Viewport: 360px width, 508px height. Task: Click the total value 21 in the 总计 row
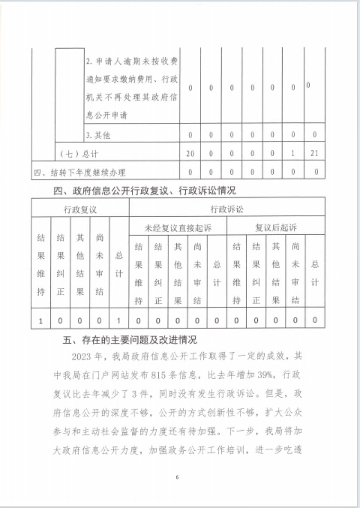(x=315, y=153)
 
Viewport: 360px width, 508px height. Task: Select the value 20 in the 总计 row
(x=190, y=153)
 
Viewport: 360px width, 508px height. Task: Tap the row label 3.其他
(x=98, y=135)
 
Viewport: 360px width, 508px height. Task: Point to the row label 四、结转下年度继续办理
(x=81, y=172)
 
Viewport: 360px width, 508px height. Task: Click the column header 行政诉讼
(x=226, y=209)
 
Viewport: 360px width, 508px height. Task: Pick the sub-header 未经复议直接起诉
(x=178, y=228)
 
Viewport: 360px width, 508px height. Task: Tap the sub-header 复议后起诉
(x=276, y=228)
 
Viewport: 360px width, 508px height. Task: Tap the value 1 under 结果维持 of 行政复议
(x=41, y=321)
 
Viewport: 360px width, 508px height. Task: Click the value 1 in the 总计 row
(x=293, y=153)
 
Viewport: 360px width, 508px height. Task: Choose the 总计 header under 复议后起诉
(x=315, y=273)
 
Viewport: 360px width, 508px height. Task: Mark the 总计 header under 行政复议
(x=119, y=264)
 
